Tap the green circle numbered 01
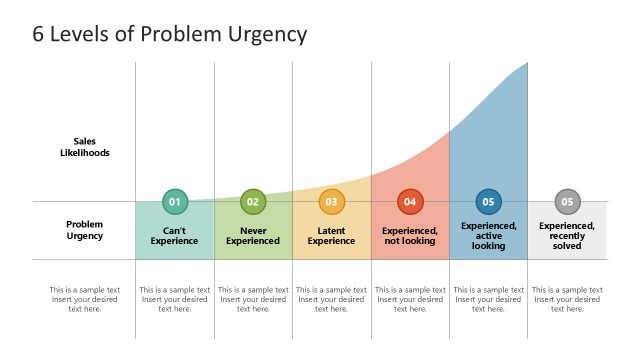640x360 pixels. tap(175, 202)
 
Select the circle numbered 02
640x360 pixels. tap(253, 202)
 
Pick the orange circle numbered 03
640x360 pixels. tap(331, 202)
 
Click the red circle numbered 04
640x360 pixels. tap(410, 202)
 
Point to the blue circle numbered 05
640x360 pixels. tap(488, 202)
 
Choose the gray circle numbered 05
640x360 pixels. tap(567, 202)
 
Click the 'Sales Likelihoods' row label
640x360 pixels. tap(85, 147)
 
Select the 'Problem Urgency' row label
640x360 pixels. tap(85, 230)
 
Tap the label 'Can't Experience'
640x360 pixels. tap(175, 235)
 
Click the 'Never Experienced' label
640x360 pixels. tap(253, 235)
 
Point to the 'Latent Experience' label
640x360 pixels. tap(331, 235)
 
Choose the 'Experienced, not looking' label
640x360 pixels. tap(410, 235)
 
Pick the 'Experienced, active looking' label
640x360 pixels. tap(488, 235)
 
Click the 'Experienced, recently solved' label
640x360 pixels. tap(567, 235)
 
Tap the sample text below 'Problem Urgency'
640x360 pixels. tap(85, 299)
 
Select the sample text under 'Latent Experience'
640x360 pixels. tap(331, 299)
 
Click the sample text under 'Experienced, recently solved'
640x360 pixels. tap(567, 299)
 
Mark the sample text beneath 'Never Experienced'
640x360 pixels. tap(253, 299)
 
